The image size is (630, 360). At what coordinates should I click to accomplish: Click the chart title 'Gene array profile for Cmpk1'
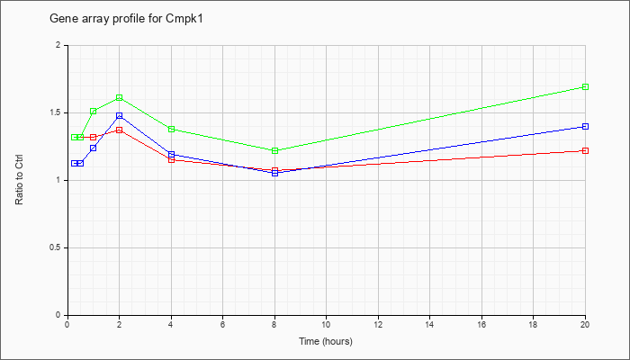[x=126, y=19]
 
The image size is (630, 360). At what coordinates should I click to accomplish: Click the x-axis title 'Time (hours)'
[x=326, y=341]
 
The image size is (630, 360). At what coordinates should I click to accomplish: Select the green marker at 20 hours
[x=585, y=86]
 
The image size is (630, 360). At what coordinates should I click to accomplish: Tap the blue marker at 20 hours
[x=585, y=126]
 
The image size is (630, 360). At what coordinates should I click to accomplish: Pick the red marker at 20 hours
[x=585, y=150]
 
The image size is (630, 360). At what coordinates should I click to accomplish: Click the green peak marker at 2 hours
[x=120, y=97]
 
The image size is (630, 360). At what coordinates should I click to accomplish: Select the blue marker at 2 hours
[x=120, y=116]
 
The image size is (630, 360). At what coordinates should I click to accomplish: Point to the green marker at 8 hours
[x=274, y=150]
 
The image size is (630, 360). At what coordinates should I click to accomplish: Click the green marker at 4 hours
[x=172, y=129]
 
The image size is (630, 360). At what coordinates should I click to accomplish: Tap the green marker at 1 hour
[x=94, y=111]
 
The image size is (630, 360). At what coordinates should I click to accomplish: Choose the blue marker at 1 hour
[x=94, y=148]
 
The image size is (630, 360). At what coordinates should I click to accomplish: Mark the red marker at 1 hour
[x=94, y=137]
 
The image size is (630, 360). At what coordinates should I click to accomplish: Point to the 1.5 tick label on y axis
[x=59, y=112]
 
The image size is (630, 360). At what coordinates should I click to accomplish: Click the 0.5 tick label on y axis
[x=59, y=247]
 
